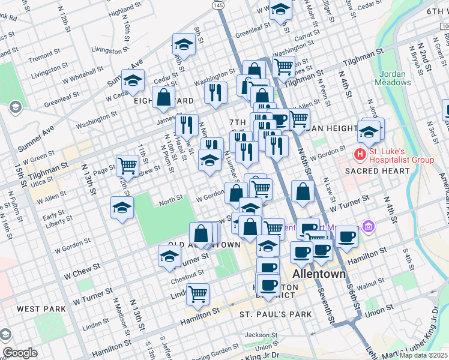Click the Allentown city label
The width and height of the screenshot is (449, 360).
tap(319, 274)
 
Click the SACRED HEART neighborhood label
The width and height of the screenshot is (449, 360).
tap(377, 171)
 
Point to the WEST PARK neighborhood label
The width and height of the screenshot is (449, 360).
tap(37, 308)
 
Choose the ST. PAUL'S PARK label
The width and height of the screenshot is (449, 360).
tap(276, 314)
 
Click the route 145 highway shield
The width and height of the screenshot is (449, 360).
tap(218, 5)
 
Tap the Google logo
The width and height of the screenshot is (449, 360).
tap(20, 353)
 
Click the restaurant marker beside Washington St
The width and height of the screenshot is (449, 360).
tap(215, 92)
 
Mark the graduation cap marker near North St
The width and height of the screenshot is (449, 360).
tap(122, 208)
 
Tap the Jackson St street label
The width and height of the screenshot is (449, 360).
tap(261, 334)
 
